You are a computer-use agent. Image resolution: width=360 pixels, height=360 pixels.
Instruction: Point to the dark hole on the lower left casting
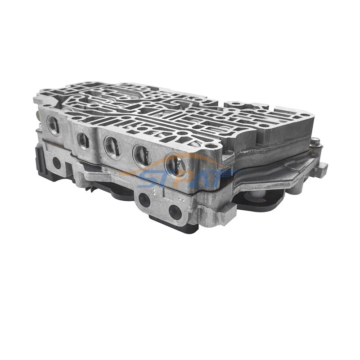(57, 163)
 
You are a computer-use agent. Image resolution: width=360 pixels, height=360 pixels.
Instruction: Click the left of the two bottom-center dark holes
(144, 199)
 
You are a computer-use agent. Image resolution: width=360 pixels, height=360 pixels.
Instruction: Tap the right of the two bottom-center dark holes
(175, 211)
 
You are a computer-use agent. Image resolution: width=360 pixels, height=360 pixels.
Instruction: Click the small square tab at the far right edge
(322, 169)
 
